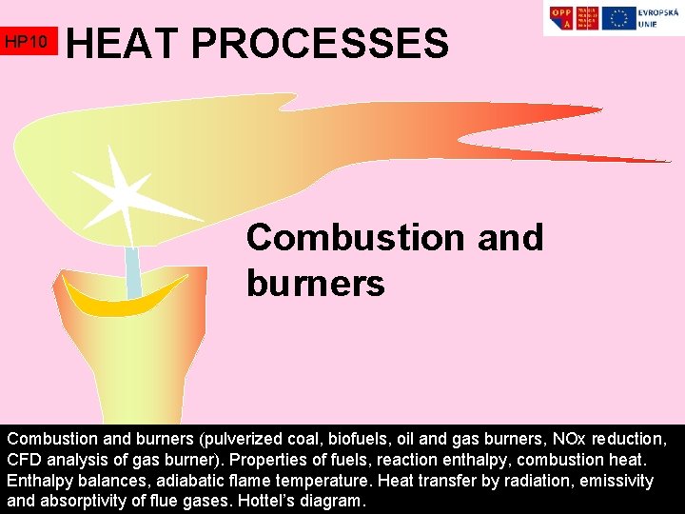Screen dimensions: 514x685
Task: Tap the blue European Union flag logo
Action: pyautogui.click(x=620, y=18)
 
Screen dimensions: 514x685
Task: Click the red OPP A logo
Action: pyautogui.click(x=562, y=18)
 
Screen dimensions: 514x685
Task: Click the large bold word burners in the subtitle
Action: pyautogui.click(x=315, y=283)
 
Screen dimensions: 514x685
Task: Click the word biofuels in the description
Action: pyautogui.click(x=372, y=440)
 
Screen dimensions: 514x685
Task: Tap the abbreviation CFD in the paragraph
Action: pyautogui.click(x=26, y=461)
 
